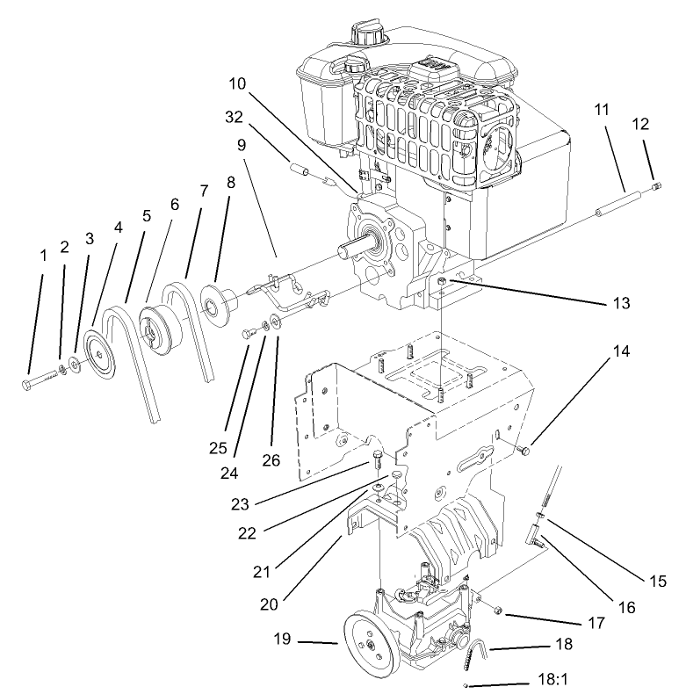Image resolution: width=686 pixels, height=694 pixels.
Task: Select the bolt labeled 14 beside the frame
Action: [524, 451]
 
